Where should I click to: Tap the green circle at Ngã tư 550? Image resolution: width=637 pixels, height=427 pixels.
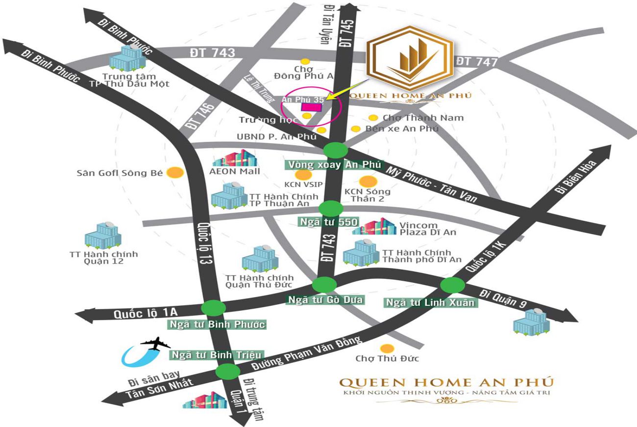click(x=331, y=208)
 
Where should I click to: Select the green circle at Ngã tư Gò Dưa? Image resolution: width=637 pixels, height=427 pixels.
click(x=324, y=285)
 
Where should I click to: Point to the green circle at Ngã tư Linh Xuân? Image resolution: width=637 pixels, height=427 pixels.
click(x=453, y=285)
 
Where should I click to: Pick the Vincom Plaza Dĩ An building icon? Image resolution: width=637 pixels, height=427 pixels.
click(x=374, y=226)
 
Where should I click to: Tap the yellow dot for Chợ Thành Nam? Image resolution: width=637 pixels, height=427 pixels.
click(x=373, y=118)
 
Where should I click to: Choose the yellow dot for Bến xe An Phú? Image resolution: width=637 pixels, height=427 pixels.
click(x=356, y=129)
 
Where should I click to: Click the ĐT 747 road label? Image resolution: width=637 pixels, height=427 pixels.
click(x=476, y=62)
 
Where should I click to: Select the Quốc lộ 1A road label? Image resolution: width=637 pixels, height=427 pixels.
click(x=138, y=314)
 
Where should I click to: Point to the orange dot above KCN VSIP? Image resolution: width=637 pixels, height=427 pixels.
click(x=304, y=175)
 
